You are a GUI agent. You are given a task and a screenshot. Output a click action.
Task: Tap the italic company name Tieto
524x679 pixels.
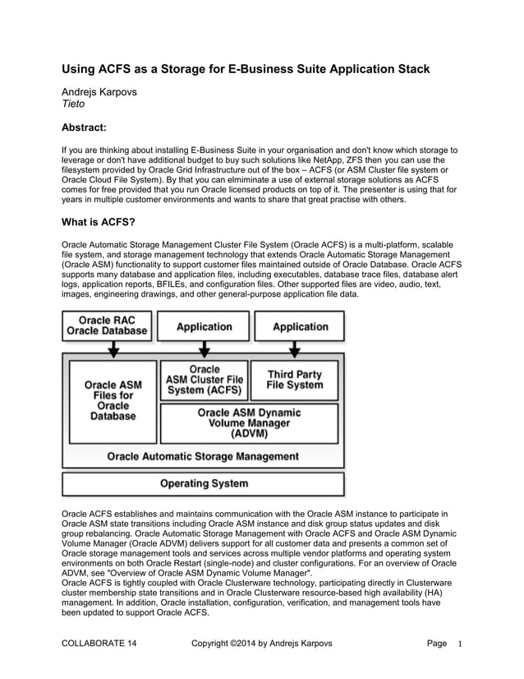[75, 104]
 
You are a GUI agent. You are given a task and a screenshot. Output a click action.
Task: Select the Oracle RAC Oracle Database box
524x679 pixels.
[108, 326]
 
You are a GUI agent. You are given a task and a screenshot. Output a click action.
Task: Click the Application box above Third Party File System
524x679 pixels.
[300, 326]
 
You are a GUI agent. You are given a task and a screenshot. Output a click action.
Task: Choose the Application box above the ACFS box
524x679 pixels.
[204, 326]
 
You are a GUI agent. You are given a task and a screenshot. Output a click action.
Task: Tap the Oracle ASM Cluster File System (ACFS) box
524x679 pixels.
[204, 381]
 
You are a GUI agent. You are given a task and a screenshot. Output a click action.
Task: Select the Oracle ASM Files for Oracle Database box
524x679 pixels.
[113, 400]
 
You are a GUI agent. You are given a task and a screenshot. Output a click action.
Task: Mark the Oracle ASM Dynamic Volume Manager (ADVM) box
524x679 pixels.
[249, 423]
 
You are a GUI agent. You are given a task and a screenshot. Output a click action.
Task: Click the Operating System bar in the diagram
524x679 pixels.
[203, 483]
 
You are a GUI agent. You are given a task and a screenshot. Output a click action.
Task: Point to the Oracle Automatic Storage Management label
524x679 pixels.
[203, 456]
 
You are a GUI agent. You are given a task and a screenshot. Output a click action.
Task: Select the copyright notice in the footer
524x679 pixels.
[261, 644]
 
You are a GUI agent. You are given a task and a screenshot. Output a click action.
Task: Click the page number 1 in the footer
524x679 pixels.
[461, 644]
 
